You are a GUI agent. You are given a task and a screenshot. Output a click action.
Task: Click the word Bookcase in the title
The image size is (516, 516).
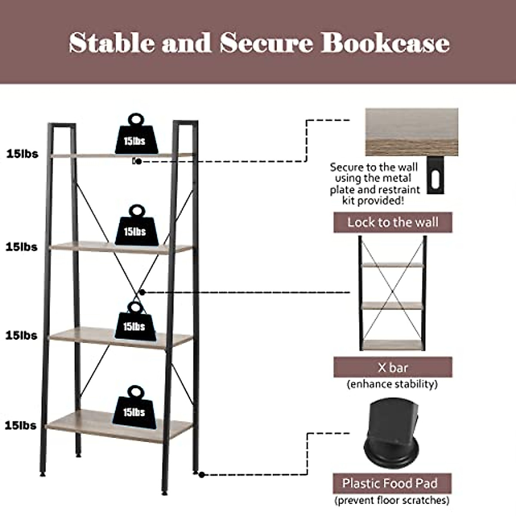(385, 43)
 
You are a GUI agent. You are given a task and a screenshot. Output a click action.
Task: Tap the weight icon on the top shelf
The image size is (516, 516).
(136, 135)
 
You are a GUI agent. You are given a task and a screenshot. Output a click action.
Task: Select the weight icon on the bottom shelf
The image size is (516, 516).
(135, 408)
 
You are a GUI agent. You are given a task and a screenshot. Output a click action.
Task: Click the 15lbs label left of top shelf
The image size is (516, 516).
(22, 154)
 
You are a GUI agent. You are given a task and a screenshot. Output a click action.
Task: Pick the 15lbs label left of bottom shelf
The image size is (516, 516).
(21, 425)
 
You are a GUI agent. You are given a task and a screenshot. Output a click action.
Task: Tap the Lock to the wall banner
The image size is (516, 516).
(393, 222)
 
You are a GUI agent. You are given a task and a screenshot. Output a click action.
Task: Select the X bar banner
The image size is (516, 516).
(393, 368)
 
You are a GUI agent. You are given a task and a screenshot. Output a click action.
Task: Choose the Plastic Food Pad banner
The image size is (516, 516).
(392, 483)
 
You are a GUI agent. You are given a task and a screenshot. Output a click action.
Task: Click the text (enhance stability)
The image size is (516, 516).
(392, 384)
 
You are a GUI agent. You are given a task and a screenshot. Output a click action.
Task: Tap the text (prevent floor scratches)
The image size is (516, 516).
(392, 501)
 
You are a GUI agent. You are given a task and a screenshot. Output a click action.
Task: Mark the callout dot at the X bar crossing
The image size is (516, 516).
(143, 292)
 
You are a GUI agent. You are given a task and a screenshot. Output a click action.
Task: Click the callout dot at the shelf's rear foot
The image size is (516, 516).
(201, 474)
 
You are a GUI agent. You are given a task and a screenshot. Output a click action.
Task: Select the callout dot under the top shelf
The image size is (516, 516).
(138, 161)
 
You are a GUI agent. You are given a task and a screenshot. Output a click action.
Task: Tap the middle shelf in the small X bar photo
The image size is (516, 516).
(392, 306)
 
